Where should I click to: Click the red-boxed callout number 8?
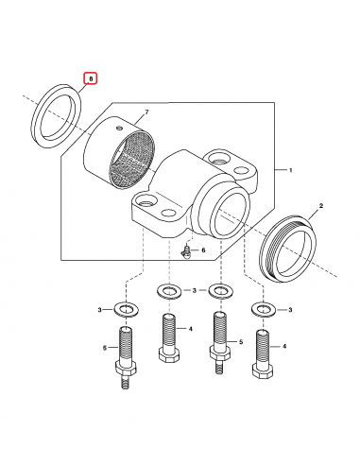pyautogui.click(x=91, y=78)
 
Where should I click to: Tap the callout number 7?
pyautogui.click(x=146, y=112)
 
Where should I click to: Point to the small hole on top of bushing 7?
pyautogui.click(x=118, y=128)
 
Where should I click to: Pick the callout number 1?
pyautogui.click(x=291, y=170)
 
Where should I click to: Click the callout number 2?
pyautogui.click(x=321, y=206)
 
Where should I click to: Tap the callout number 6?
pyautogui.click(x=203, y=250)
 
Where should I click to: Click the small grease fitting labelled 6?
pyautogui.click(x=186, y=252)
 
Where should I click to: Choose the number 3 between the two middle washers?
pyautogui.click(x=195, y=290)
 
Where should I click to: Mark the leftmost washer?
pyautogui.click(x=127, y=309)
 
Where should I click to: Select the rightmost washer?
pyautogui.click(x=263, y=309)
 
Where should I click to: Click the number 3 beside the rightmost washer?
pyautogui.click(x=290, y=310)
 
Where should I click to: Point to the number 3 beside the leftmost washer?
pyautogui.click(x=99, y=310)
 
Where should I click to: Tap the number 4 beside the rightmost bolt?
pyautogui.click(x=284, y=346)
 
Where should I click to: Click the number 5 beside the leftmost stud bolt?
pyautogui.click(x=105, y=348)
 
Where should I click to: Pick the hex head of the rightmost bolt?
pyautogui.click(x=263, y=371)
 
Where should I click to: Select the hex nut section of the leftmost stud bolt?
pyautogui.click(x=126, y=368)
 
